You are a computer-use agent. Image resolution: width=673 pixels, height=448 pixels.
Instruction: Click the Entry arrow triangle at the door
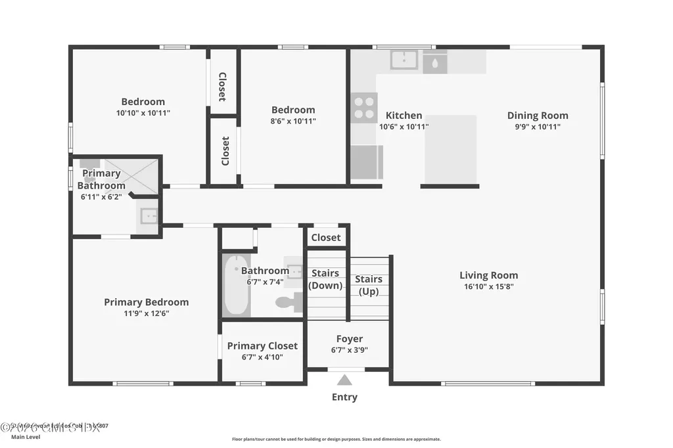click(x=344, y=380)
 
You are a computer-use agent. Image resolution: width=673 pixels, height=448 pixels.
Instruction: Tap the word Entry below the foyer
click(x=344, y=397)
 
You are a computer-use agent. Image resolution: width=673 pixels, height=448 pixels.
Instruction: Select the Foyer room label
click(x=349, y=339)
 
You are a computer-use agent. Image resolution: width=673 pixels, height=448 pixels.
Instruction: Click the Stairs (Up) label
click(x=369, y=285)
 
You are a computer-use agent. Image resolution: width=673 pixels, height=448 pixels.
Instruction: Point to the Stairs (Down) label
click(x=325, y=279)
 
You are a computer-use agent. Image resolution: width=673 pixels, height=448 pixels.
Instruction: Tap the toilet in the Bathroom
click(x=287, y=302)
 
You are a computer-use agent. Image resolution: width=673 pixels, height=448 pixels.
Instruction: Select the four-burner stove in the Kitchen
click(x=364, y=107)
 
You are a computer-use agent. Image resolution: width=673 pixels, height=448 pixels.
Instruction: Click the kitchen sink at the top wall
click(x=404, y=60)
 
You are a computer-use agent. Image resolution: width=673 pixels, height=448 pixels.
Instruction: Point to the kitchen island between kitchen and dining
click(x=450, y=148)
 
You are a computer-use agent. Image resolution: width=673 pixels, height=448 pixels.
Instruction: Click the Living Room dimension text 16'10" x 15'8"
click(x=488, y=287)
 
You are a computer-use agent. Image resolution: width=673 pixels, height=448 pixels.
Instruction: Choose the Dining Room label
click(x=537, y=115)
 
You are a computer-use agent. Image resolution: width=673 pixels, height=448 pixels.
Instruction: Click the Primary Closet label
click(x=262, y=346)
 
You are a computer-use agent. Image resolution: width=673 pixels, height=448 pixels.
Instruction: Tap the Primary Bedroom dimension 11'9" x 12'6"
click(x=146, y=313)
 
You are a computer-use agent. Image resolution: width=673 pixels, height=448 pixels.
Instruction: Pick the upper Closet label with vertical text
click(x=222, y=86)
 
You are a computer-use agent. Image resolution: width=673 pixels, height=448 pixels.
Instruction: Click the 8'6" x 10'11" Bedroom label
click(x=293, y=121)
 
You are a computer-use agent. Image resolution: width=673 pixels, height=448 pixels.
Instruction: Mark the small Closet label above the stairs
click(x=326, y=237)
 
